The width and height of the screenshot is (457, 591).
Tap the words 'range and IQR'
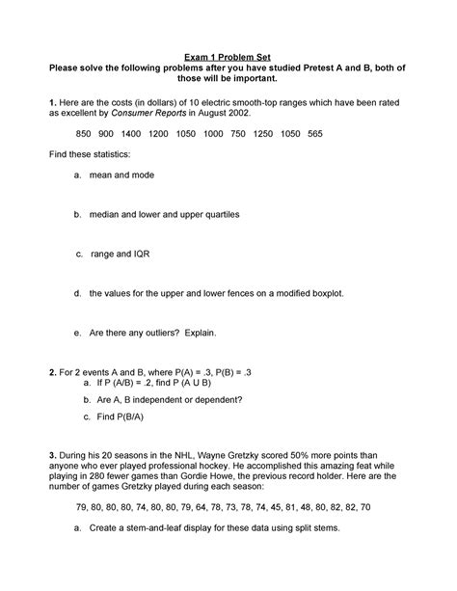(x=121, y=254)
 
